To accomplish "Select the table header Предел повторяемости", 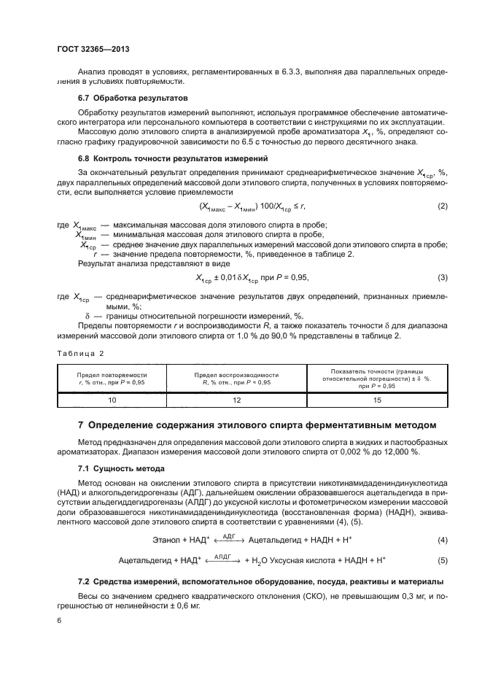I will pyautogui.click(x=112, y=377).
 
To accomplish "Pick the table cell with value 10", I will pyautogui.click(x=112, y=400).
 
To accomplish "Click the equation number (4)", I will pyautogui.click(x=442, y=540).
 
